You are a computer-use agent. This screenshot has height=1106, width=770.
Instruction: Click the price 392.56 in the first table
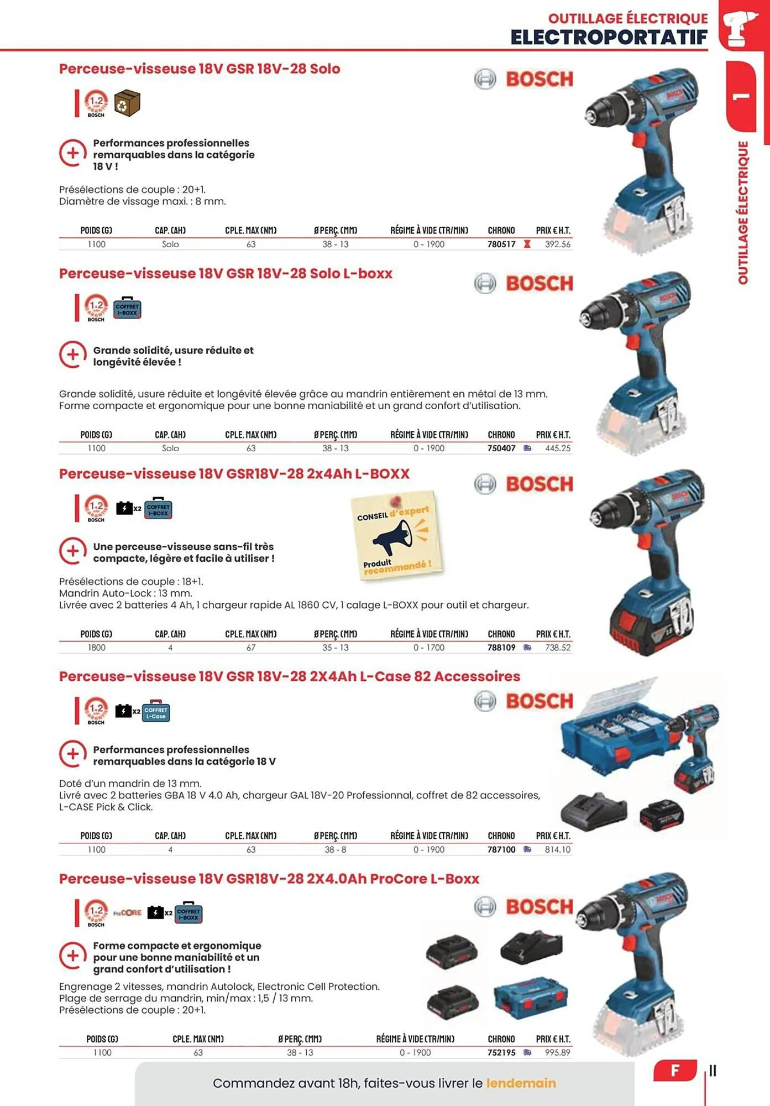557,244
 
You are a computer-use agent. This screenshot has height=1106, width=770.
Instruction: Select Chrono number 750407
501,448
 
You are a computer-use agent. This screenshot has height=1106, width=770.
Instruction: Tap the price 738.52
557,648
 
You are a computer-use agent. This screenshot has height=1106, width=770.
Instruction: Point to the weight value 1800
97,648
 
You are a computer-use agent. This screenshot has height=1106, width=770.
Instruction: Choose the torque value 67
251,648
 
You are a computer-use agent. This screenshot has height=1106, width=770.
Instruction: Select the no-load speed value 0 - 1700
429,648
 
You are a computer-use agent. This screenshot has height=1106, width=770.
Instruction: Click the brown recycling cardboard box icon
127,103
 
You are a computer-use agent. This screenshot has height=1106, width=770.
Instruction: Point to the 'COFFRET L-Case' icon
156,712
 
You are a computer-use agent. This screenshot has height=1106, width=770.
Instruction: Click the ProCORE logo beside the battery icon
128,913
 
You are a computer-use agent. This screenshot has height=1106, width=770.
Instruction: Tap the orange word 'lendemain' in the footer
521,1083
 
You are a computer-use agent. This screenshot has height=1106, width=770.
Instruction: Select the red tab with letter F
674,1071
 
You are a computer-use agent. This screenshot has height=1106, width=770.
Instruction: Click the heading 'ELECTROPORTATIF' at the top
609,38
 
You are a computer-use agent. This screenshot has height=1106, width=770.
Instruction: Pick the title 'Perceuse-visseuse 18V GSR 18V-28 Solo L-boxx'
226,274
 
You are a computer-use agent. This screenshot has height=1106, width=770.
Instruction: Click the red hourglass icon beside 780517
527,244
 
